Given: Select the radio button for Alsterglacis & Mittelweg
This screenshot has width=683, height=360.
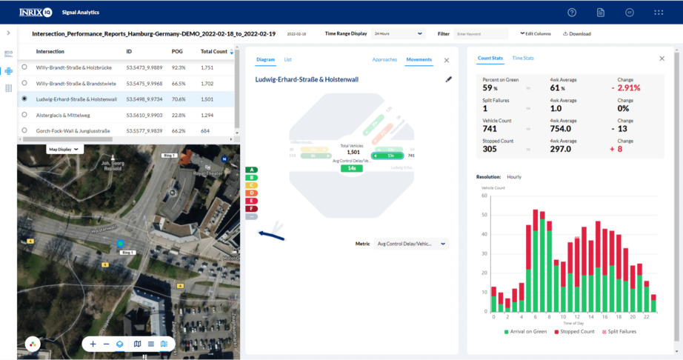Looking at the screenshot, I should click(x=25, y=115).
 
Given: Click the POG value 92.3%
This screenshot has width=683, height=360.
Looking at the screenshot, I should click(x=179, y=67).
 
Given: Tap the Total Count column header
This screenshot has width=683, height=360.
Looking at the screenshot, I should click(x=214, y=52).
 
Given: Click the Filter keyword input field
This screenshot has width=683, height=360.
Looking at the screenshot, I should click(x=481, y=34).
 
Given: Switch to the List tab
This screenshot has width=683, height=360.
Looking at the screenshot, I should click(x=287, y=59).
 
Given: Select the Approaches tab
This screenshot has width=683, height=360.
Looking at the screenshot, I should click(x=384, y=59).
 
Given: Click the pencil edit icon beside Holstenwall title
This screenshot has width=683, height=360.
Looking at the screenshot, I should click(x=448, y=79).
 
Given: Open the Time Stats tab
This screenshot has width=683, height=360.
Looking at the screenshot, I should click(x=523, y=58).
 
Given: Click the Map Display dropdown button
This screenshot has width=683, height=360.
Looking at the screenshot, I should click(x=64, y=149).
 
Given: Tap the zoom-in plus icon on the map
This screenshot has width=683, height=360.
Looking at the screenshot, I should click(x=93, y=344).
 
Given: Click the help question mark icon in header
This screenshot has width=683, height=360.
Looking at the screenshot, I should click(x=572, y=13).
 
